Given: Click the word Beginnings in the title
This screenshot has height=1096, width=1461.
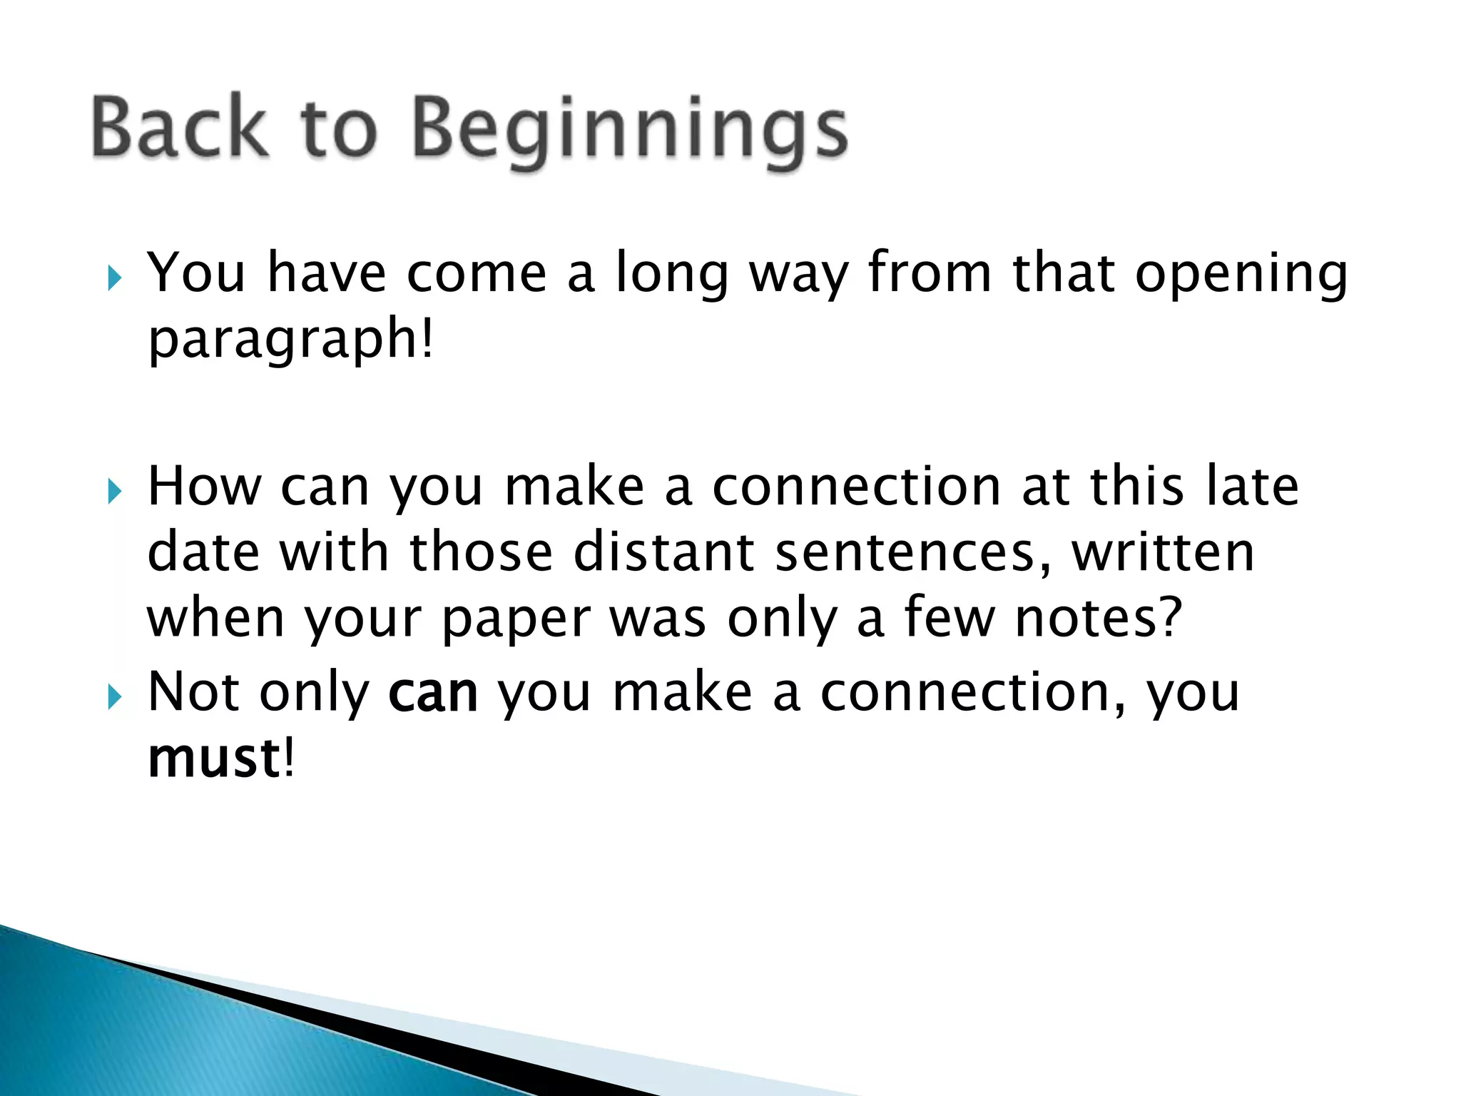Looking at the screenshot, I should pos(631,128).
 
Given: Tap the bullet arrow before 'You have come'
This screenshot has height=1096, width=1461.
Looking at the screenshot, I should pos(115,278).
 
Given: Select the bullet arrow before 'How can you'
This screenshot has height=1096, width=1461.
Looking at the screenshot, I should pos(115,491).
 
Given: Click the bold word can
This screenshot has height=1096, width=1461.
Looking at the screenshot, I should pos(433,694).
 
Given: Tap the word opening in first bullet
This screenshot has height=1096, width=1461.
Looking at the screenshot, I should pos(1241,274).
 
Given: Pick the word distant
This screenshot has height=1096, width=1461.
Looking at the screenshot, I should pos(663,552).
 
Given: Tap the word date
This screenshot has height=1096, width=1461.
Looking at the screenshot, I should pos(203,552).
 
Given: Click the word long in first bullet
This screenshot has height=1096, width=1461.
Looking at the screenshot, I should pos(672,274).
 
